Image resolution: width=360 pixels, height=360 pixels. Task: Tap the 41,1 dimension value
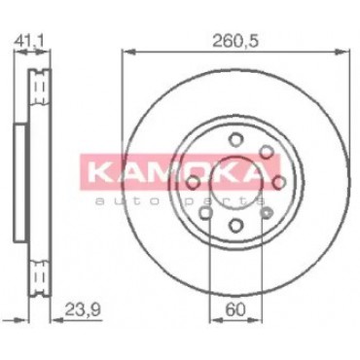coord(28,42)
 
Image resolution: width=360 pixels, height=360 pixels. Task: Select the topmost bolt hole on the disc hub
coord(235,140)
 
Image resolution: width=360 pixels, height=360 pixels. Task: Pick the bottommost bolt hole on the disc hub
coord(235,224)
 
